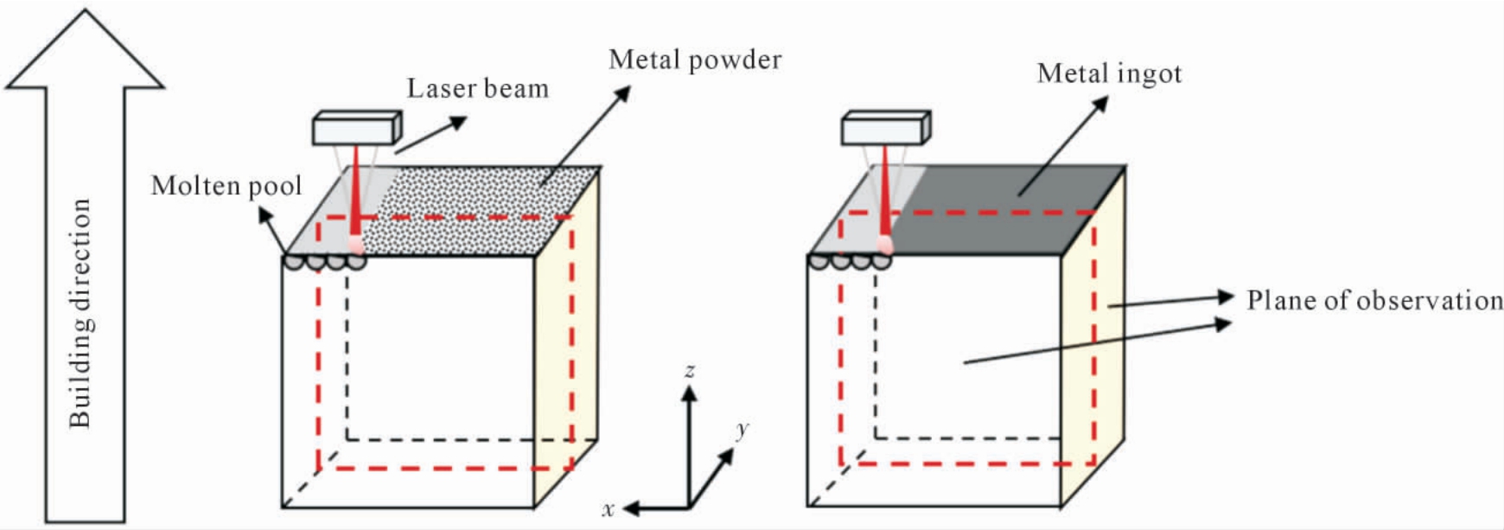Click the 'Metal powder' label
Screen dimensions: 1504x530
coord(695,60)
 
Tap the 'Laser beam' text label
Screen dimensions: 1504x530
coord(478,88)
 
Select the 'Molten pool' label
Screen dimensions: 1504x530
coord(226,186)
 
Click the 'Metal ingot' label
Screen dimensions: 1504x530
coord(1109,73)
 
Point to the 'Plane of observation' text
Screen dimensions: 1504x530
coord(1374,301)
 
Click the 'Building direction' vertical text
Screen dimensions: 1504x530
coord(80,313)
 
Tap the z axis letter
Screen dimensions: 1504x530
coord(689,371)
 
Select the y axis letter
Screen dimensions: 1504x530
coord(742,430)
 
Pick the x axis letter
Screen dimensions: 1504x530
coord(609,509)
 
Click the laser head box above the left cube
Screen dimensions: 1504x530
coord(357,127)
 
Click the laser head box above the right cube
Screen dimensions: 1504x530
coord(886,127)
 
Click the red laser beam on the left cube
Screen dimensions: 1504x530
coord(355,195)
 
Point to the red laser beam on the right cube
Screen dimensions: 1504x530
coord(884,195)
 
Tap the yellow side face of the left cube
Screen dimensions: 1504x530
coord(566,337)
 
